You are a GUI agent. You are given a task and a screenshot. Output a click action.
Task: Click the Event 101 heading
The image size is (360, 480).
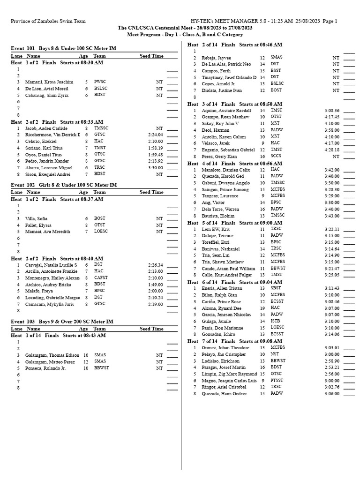63,48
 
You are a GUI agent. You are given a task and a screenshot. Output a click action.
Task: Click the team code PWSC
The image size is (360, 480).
100,82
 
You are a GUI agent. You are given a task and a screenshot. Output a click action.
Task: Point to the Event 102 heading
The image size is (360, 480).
63,185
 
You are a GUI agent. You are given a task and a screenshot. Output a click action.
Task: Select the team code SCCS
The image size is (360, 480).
276,156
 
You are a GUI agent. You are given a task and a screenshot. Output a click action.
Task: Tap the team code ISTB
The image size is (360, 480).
276,321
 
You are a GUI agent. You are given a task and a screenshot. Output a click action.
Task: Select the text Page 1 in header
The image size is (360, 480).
330,21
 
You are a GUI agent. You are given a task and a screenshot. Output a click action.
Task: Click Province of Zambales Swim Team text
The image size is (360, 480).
48,21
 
